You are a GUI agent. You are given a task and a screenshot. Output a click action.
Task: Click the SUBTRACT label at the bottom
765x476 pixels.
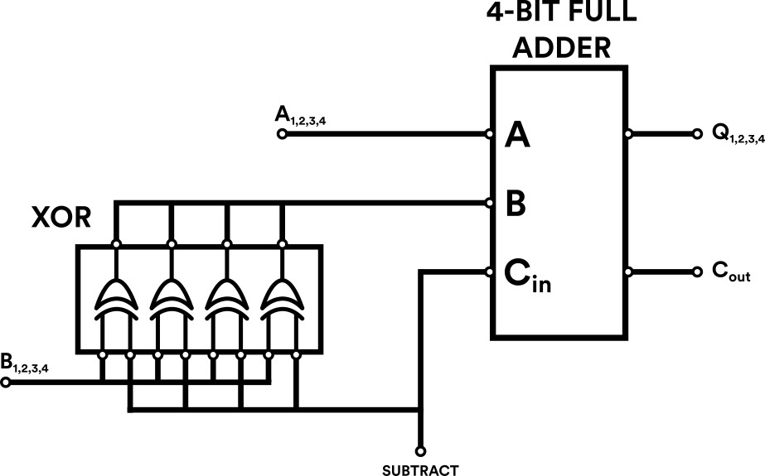pos(419,470)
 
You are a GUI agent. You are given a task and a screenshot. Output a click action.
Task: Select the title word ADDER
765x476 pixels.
pos(561,47)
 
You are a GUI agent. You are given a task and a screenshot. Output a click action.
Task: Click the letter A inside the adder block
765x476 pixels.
pos(517,134)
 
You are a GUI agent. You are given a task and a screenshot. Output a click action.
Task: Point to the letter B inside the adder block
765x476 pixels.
pos(515,203)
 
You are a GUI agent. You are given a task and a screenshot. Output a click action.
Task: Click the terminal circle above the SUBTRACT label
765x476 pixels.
pos(420,451)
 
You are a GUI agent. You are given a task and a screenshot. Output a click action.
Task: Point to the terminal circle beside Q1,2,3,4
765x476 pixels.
pos(697,133)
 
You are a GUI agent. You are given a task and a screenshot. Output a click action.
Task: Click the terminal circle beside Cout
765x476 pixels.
pos(697,272)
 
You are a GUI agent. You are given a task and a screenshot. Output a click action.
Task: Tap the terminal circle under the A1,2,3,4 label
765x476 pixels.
pos(282,133)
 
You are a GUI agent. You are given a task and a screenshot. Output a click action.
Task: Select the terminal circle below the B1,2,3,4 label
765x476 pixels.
pos(5,383)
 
